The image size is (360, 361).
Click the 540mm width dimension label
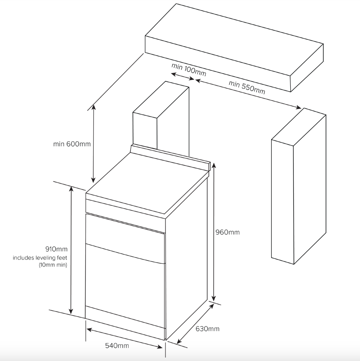[x=117, y=346]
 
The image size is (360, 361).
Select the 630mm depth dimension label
[x=207, y=328]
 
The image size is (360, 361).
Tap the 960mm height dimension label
[x=227, y=232]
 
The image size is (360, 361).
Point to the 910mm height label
[x=56, y=249]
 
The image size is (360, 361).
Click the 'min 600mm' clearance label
[x=72, y=144]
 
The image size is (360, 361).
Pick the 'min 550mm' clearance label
[x=247, y=87]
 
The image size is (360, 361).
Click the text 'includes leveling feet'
[x=40, y=258]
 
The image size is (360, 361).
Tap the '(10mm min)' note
[x=53, y=265]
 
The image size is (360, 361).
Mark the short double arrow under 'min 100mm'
[x=183, y=77]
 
